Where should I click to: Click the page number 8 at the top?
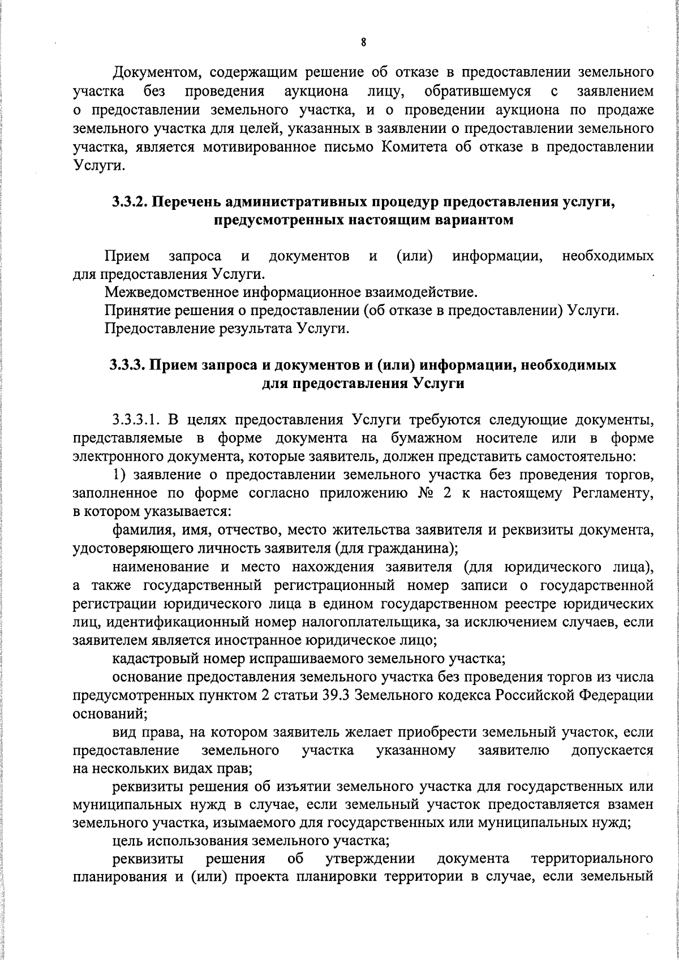pos(363,42)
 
